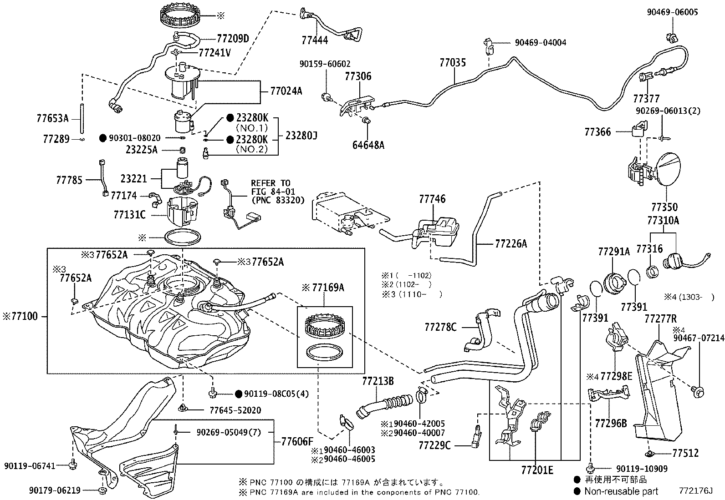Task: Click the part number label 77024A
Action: click(286, 91)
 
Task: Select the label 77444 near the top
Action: click(314, 40)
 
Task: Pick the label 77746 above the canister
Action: click(432, 199)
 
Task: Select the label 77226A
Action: click(511, 244)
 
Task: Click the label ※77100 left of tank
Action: click(22, 315)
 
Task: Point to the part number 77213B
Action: click(378, 381)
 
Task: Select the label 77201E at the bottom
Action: click(537, 470)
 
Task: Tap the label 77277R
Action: click(660, 318)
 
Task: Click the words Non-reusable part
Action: click(621, 491)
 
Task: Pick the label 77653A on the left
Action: click(52, 119)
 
